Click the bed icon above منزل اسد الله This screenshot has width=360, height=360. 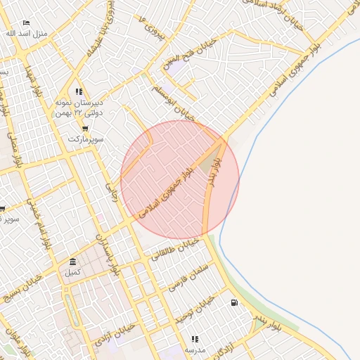27,23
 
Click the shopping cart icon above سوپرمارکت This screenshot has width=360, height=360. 85,129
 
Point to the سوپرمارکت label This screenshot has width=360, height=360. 86,139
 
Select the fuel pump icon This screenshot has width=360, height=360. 233,303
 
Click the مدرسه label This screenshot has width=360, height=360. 195,349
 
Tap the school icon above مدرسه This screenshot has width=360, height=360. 195,339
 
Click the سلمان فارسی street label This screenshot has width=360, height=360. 190,277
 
